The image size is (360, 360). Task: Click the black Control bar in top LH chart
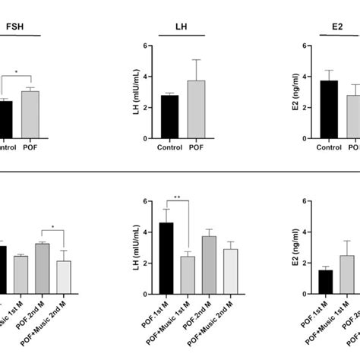(x=169, y=117)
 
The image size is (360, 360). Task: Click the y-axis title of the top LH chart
(x=136, y=93)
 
